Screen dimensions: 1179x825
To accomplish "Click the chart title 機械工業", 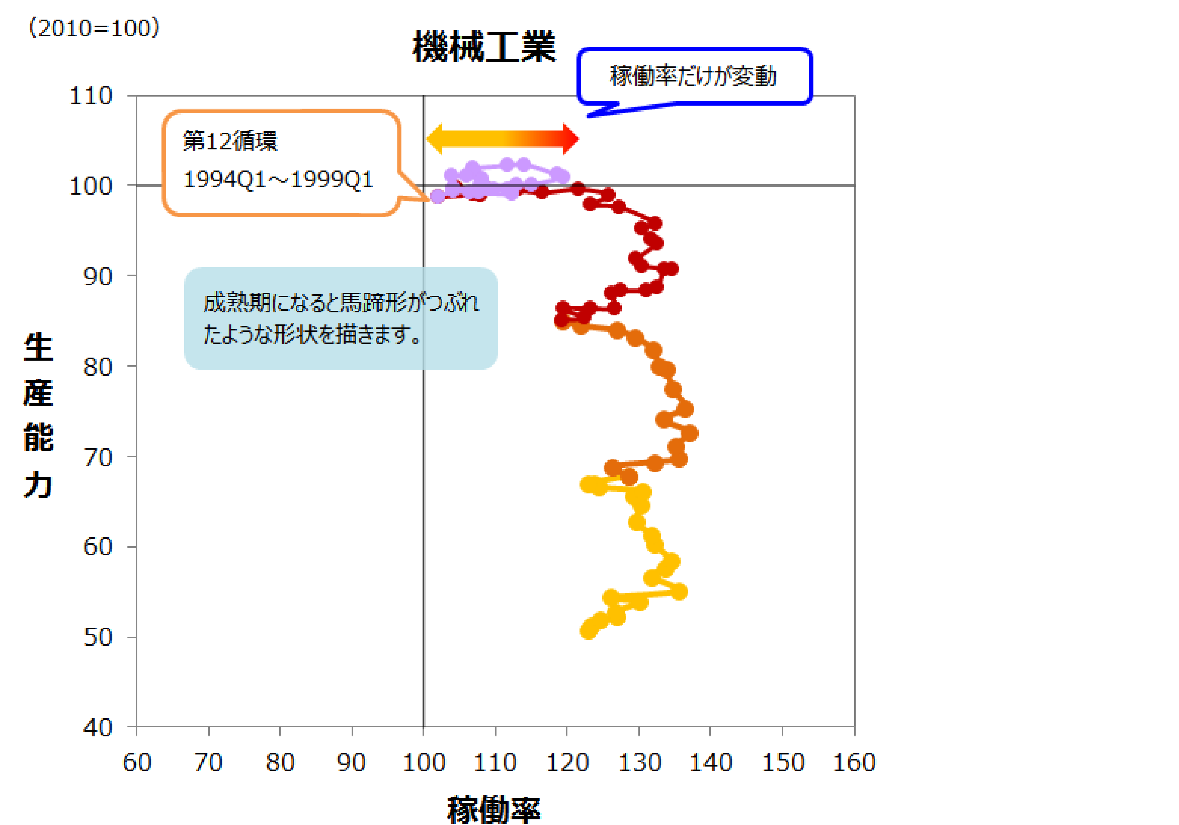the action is point(484,46).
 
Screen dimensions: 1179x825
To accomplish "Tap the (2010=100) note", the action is point(94,27).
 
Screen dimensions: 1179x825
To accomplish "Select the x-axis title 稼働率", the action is point(493,810).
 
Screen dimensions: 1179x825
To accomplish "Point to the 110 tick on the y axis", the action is point(91,95).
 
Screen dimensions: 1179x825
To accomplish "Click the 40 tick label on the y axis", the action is point(98,727).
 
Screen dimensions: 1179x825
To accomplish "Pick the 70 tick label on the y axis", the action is point(98,456).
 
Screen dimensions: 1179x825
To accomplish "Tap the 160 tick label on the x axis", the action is point(854,762).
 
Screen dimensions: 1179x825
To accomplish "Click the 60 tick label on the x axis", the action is point(137,762).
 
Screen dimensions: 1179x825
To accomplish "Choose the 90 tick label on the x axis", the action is point(351,762).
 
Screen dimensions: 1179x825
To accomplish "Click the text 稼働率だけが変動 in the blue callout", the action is point(693,76).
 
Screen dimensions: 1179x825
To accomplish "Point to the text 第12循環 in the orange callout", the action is point(230,141).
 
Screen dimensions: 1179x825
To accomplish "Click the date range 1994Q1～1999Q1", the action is point(278,179).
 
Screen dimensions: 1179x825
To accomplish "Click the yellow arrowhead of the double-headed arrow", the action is point(434,138).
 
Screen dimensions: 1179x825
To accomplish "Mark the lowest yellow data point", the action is point(589,630).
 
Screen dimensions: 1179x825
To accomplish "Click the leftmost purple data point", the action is point(438,196).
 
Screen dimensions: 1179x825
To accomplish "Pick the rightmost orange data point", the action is point(690,433).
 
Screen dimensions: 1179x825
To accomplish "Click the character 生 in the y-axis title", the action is point(38,347).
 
